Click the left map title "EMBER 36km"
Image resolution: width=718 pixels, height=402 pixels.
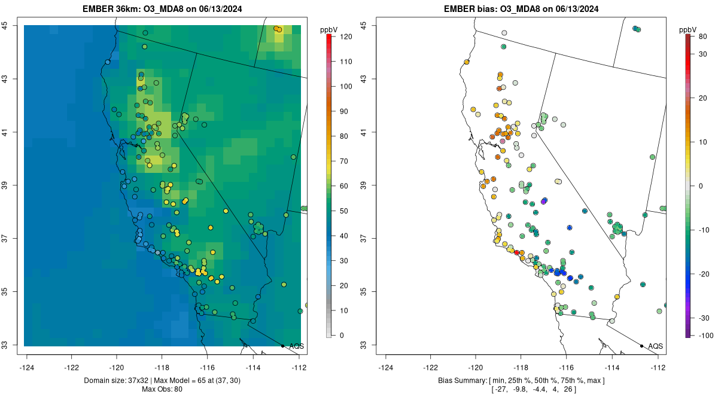pyautogui.click(x=114, y=9)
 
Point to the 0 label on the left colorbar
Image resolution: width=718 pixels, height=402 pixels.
pyautogui.click(x=341, y=335)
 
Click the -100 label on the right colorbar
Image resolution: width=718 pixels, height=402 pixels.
pyautogui.click(x=704, y=335)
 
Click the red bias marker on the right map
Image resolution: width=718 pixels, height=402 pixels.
pyautogui.click(x=517, y=252)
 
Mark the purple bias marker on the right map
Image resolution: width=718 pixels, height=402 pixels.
pyautogui.click(x=544, y=201)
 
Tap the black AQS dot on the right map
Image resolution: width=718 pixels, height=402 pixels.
pyautogui.click(x=641, y=346)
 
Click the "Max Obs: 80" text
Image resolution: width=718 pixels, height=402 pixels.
pyautogui.click(x=162, y=389)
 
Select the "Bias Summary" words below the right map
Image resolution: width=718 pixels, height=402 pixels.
pyautogui.click(x=461, y=380)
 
